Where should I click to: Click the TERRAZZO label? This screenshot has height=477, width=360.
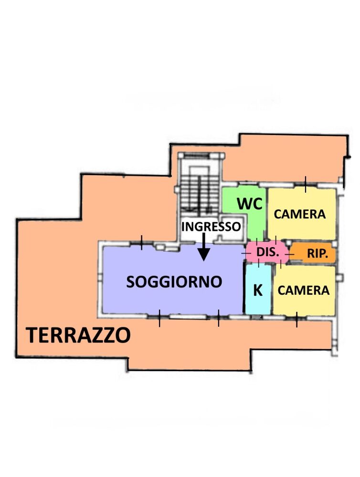(78, 335)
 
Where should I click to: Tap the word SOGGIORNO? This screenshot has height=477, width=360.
(174, 282)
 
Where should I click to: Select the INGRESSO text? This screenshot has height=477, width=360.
(211, 227)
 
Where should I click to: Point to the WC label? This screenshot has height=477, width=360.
(250, 204)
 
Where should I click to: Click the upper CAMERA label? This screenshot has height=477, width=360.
(300, 214)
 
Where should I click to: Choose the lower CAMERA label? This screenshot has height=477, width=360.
(303, 290)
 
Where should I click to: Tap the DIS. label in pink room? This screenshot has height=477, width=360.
(268, 252)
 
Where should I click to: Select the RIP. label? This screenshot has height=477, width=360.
(318, 253)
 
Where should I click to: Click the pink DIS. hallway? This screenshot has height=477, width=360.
(267, 252)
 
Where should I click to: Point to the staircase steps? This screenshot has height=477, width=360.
(199, 192)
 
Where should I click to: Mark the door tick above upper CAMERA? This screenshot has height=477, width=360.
(306, 184)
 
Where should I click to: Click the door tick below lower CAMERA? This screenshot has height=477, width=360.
(296, 320)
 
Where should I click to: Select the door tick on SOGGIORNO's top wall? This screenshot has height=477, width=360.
(142, 242)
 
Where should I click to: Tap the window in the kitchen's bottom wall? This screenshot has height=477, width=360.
(256, 317)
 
